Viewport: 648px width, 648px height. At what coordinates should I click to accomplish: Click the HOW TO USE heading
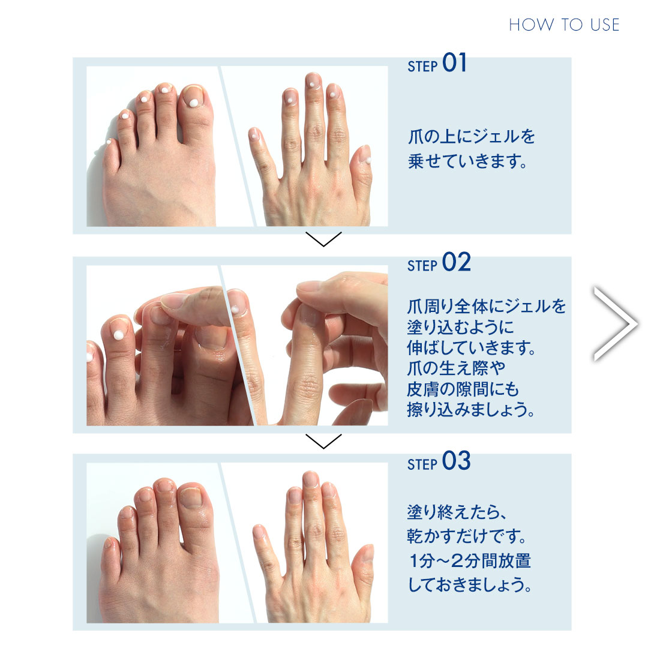563,25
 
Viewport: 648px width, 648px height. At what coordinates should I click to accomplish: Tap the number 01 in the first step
454,63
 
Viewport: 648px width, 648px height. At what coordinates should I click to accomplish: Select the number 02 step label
456,263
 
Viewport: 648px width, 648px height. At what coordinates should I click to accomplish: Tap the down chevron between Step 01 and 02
323,240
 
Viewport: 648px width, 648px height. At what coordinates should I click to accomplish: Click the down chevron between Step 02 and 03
323,441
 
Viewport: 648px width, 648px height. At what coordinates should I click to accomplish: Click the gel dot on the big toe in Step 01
193,102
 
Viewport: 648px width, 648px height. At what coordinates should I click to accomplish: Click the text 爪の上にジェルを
471,137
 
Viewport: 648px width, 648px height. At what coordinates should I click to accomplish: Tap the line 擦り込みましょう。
471,410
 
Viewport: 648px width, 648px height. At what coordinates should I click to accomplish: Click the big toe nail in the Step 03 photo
191,496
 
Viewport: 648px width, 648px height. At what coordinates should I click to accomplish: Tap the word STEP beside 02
422,266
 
